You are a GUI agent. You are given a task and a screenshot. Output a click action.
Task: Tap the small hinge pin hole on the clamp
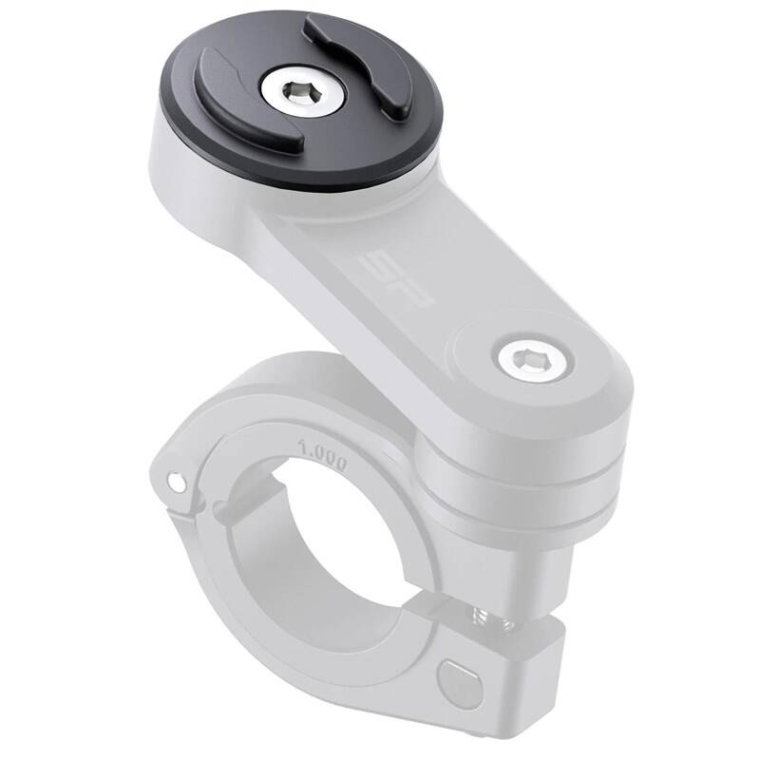coord(176,483)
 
